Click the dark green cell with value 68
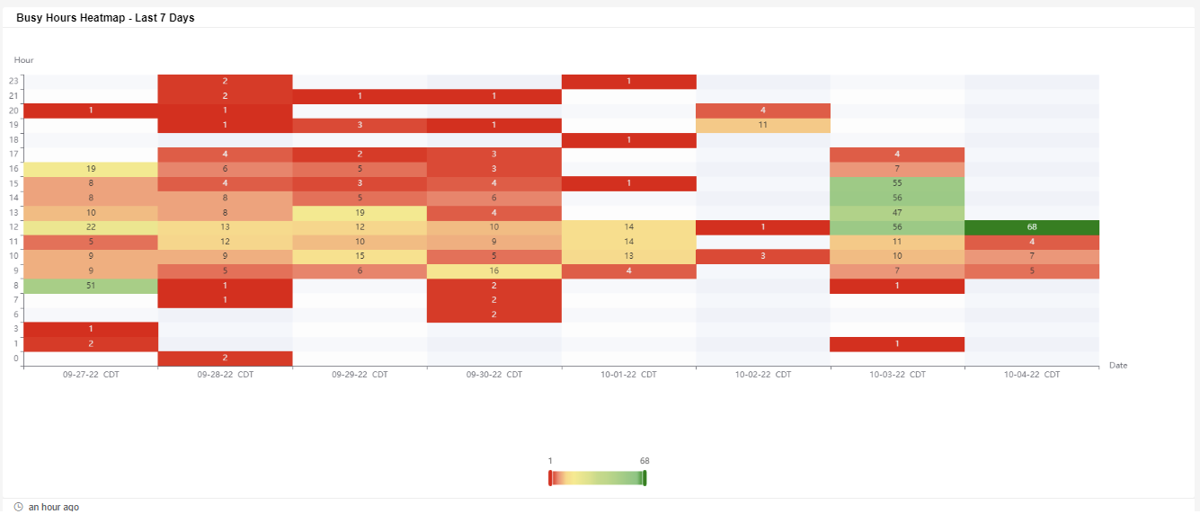pyautogui.click(x=1032, y=226)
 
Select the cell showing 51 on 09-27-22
pyautogui.click(x=91, y=286)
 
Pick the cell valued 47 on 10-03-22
pyautogui.click(x=897, y=212)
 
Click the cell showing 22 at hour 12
pyautogui.click(x=91, y=226)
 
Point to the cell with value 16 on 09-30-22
pyautogui.click(x=494, y=270)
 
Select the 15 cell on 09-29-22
pyautogui.click(x=360, y=256)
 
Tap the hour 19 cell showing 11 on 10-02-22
pyautogui.click(x=762, y=125)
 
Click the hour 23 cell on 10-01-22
pyautogui.click(x=628, y=82)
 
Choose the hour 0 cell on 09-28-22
pyautogui.click(x=225, y=359)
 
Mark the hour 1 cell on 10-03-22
pyautogui.click(x=897, y=344)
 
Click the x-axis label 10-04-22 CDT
pyautogui.click(x=1032, y=375)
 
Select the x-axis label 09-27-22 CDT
pyautogui.click(x=91, y=375)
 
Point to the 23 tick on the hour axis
pyautogui.click(x=13, y=82)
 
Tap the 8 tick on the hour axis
pyautogui.click(x=15, y=286)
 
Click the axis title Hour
pyautogui.click(x=23, y=60)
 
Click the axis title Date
pyautogui.click(x=1118, y=366)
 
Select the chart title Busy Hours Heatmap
pyautogui.click(x=105, y=18)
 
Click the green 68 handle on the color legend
pyautogui.click(x=644, y=477)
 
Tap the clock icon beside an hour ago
pyautogui.click(x=19, y=508)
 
